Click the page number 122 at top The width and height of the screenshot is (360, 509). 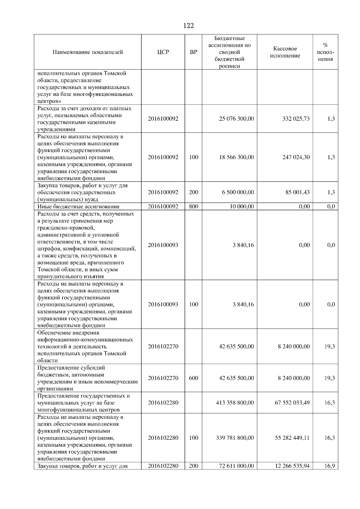(188, 26)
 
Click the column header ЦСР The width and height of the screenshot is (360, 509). (163, 52)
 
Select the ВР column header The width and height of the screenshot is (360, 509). (193, 52)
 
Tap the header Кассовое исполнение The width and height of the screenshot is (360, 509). (285, 52)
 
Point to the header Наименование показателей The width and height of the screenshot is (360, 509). (88, 52)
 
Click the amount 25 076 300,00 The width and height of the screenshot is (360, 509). (236, 119)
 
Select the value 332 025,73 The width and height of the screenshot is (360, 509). (296, 119)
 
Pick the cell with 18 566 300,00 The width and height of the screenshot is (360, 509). (236, 157)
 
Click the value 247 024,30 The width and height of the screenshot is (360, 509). (296, 157)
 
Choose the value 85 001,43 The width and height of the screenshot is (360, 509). (297, 192)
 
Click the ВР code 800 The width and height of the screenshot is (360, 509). (193, 207)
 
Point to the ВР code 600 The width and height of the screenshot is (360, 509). (193, 378)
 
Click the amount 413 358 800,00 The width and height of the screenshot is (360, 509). (235, 403)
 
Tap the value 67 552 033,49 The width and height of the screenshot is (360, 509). (292, 403)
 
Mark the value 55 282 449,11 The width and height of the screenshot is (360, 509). (292, 438)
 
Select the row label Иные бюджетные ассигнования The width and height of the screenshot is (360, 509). (78, 207)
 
